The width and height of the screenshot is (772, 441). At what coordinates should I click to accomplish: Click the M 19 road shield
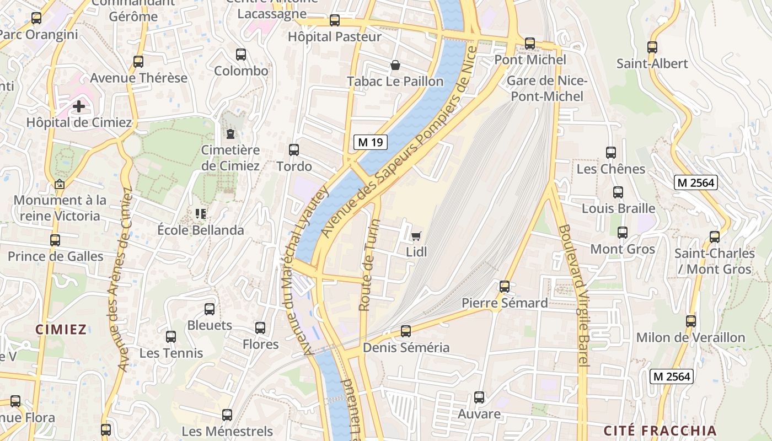coord(370,142)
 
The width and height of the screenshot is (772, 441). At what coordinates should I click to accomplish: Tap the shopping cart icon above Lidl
coord(416,236)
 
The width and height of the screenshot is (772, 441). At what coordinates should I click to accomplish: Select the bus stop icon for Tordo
coord(294,149)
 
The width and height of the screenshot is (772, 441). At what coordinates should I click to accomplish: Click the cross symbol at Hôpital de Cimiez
coord(79,106)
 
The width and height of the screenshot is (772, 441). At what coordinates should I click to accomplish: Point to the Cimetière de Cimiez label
coord(230,158)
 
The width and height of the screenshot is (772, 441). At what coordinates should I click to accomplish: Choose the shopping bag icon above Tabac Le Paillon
coord(395,65)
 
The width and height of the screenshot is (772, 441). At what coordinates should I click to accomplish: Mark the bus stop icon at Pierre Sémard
coord(505,287)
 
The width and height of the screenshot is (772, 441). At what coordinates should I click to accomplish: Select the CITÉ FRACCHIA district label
coord(660,431)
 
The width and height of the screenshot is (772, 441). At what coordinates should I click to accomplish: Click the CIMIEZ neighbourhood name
coord(61,330)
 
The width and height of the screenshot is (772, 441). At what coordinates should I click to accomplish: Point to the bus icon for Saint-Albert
coord(652,47)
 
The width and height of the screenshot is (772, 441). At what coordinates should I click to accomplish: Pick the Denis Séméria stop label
coord(406,348)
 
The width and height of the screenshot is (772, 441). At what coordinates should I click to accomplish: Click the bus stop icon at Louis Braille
coord(618,192)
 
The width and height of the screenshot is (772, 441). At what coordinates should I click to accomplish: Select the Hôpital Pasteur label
coord(335,37)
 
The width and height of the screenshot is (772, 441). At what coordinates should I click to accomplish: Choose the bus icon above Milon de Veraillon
coord(690,321)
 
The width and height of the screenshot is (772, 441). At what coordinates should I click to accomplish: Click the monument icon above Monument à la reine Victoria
coord(60,184)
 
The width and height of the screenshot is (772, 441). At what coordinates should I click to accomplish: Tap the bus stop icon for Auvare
coord(479,397)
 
